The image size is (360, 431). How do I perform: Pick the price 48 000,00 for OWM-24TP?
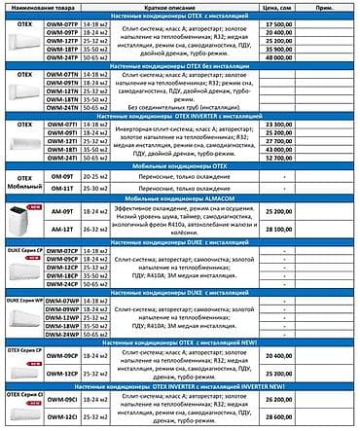pyautogui.click(x=279, y=56)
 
